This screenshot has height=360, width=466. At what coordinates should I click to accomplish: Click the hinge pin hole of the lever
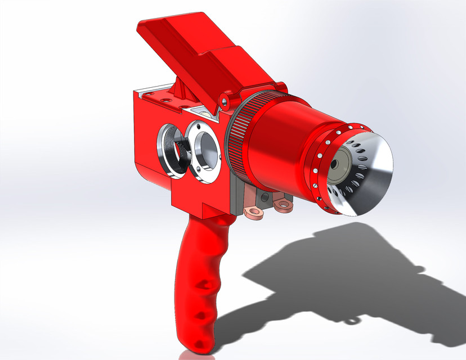(x=224, y=102)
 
